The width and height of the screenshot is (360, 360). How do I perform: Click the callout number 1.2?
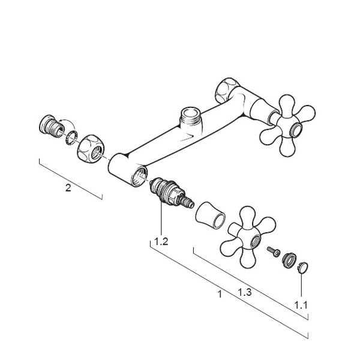[x=161, y=241]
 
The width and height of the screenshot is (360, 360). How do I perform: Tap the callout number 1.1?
[x=301, y=305]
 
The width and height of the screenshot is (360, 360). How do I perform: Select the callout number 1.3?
[x=245, y=292]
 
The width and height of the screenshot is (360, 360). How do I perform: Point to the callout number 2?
[x=68, y=188]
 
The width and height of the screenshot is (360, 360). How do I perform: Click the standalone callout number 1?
[x=220, y=294]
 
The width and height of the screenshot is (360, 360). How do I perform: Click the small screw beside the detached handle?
[x=274, y=251]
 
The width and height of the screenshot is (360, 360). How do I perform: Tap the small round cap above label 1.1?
[x=302, y=268]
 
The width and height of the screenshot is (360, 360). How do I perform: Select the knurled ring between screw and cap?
[x=288, y=260]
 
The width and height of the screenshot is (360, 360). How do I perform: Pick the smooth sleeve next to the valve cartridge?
[x=211, y=215]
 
